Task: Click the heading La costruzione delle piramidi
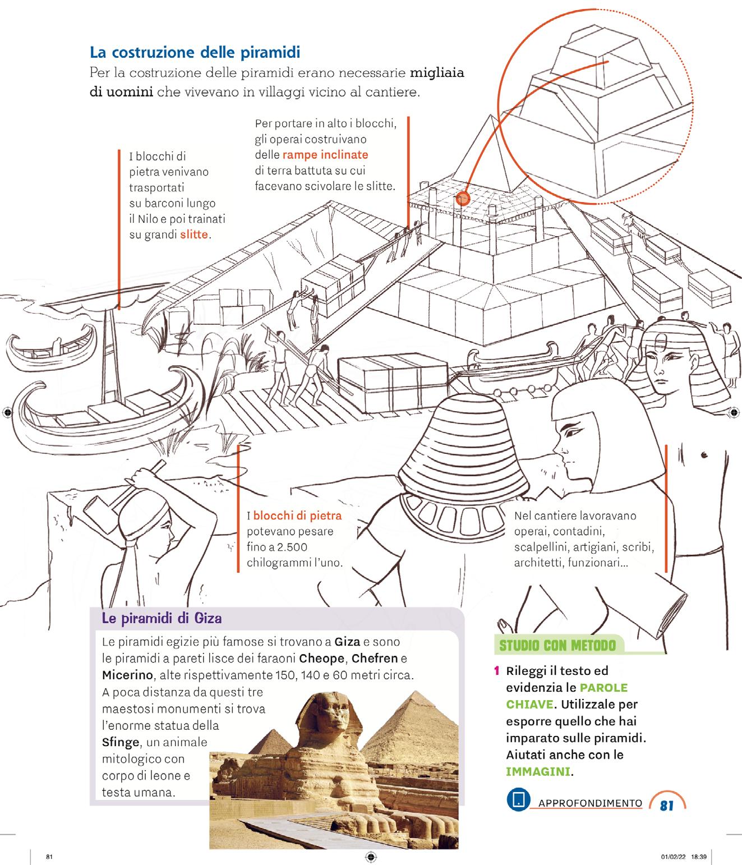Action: [195, 53]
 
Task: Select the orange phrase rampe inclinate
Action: [325, 154]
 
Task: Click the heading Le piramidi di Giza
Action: [162, 619]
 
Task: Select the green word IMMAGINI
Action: [538, 771]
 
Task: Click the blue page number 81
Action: [666, 806]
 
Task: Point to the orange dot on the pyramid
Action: [463, 197]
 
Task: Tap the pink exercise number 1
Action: [496, 671]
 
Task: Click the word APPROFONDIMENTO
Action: [590, 803]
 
